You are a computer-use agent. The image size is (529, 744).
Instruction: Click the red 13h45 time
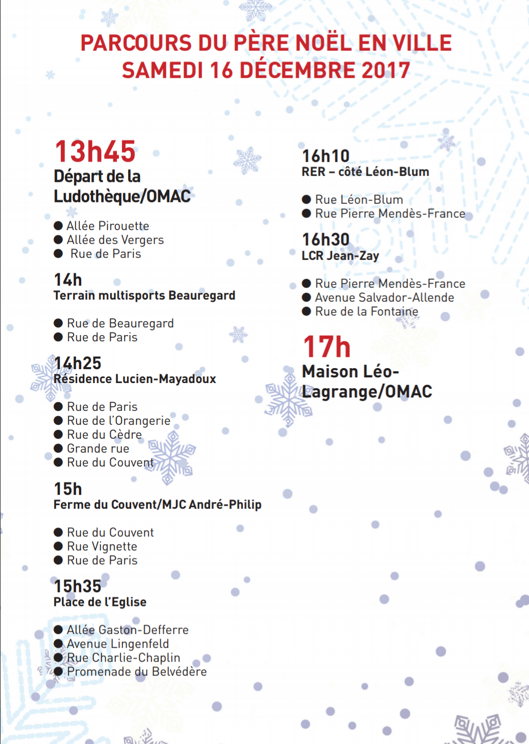95,151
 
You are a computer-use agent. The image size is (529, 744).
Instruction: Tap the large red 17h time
327,347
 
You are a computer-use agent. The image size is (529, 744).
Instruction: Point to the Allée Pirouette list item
108,226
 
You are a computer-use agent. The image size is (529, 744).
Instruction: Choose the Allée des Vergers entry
115,239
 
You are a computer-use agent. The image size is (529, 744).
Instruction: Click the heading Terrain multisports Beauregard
144,296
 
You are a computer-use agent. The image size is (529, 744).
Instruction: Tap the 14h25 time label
78,363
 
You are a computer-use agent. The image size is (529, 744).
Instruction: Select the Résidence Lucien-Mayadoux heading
135,379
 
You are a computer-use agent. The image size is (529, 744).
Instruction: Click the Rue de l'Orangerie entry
118,421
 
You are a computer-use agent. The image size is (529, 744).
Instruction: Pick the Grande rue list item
98,448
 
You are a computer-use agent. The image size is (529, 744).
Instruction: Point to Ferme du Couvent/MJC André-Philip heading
157,505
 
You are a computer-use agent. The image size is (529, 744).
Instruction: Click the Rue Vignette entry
102,546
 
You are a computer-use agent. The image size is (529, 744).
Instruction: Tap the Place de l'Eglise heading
100,602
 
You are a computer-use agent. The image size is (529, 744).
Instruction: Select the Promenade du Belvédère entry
137,671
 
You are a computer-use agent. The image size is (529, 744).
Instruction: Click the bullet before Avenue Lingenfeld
58,644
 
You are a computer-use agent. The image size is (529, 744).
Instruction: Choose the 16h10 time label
326,155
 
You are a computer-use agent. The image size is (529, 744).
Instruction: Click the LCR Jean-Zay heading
340,256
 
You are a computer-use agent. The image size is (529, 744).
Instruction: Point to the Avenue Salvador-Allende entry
384,297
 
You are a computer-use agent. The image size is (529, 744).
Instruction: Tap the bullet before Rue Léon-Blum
306,199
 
